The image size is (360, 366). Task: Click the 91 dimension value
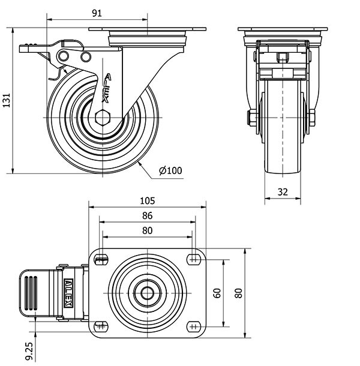tap(97, 11)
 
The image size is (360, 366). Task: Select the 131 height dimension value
tap(7, 101)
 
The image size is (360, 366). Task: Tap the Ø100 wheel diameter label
tap(170, 170)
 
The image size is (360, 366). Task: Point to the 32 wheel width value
tap(283, 192)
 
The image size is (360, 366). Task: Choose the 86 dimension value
tap(147, 215)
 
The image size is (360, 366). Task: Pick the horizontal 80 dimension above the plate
tap(147, 230)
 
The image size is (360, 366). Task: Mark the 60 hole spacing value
tap(217, 293)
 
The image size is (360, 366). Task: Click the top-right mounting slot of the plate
tap(193, 259)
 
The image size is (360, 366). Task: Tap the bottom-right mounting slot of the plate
tap(193, 326)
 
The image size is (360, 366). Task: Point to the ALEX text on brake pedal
tap(68, 293)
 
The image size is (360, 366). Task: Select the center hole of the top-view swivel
tap(147, 293)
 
